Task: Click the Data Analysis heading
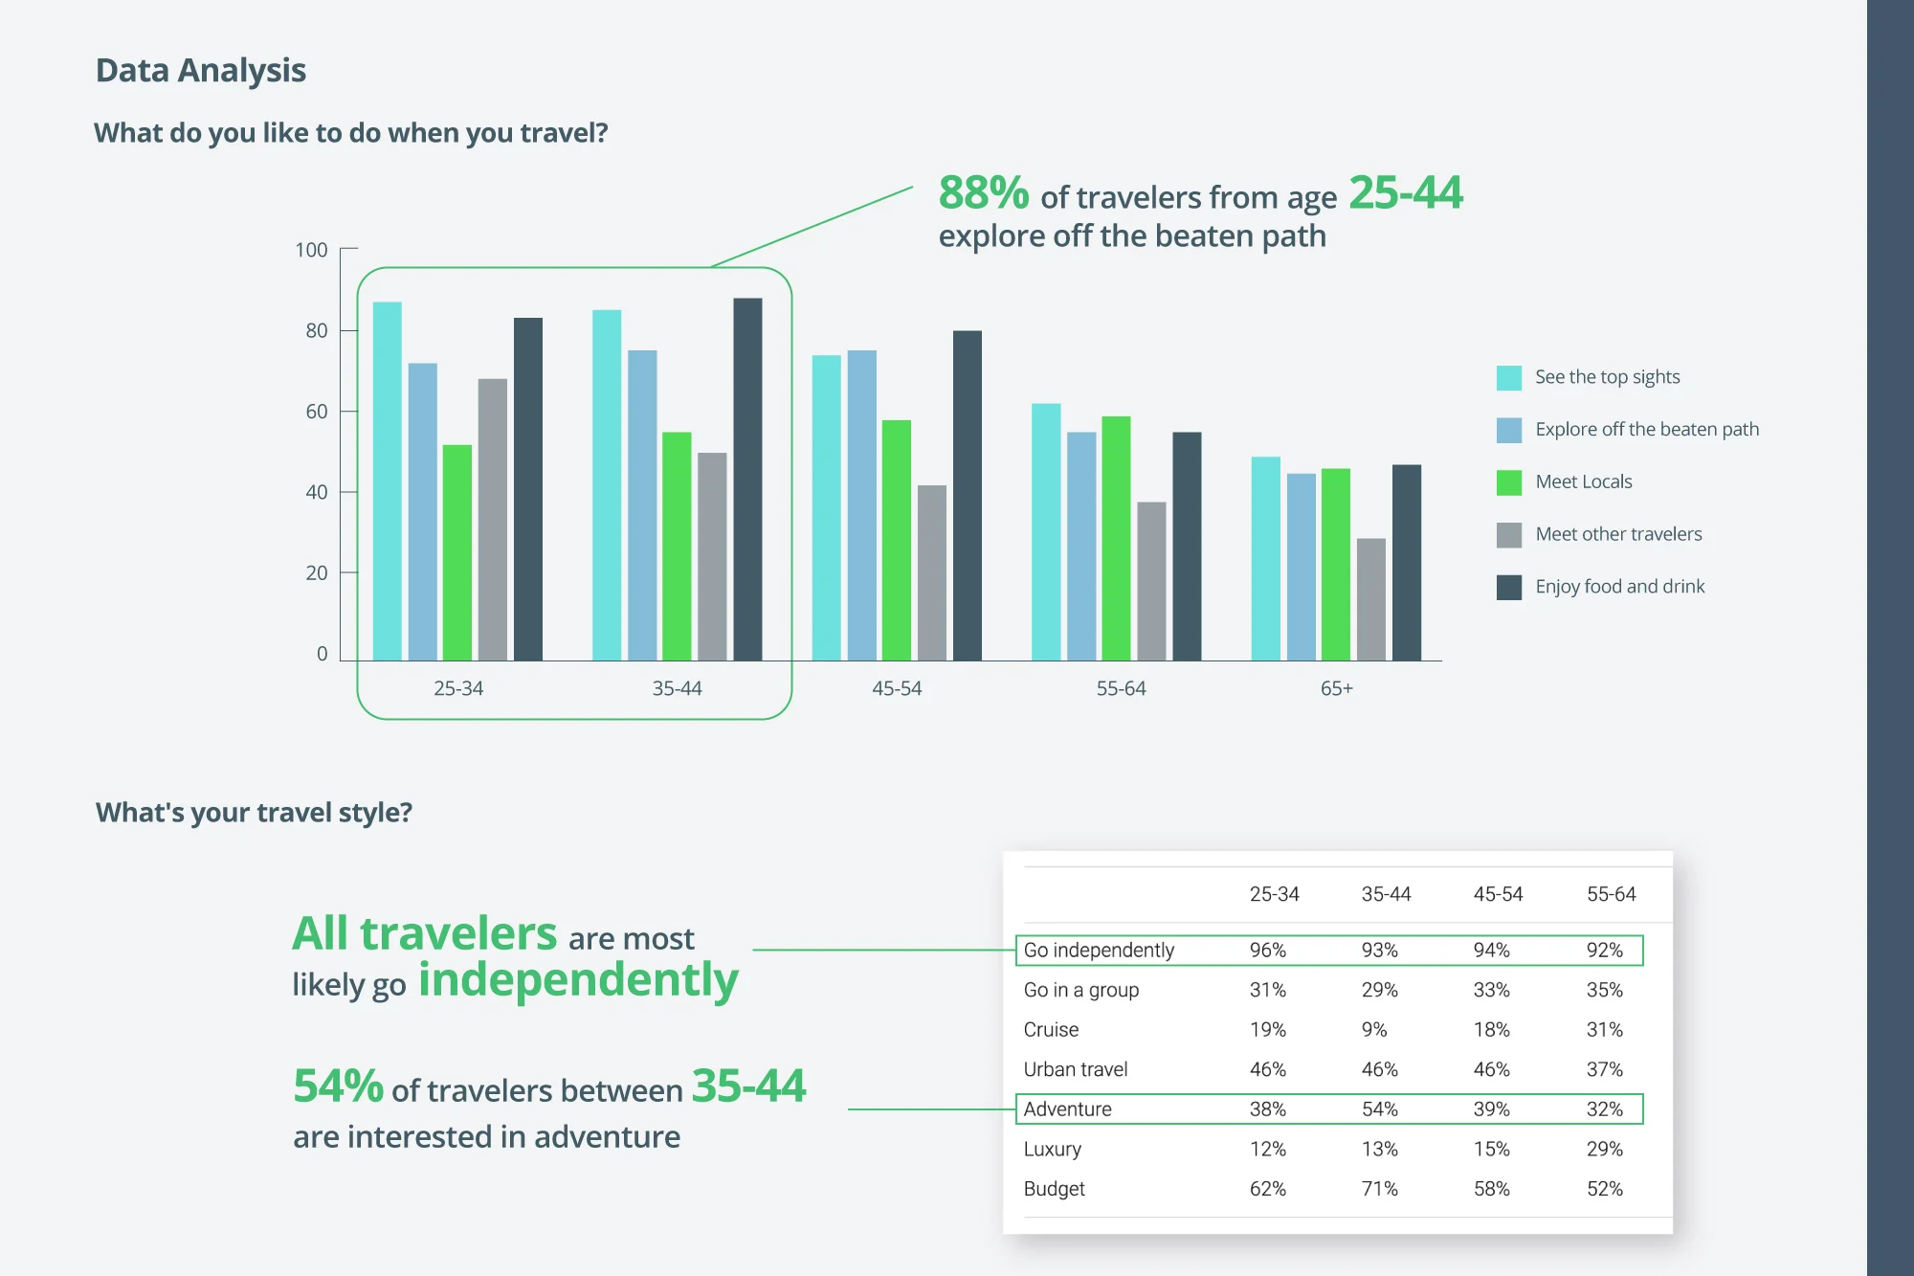(x=201, y=71)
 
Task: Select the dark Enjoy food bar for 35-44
(x=747, y=479)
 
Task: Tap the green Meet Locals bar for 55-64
(x=1116, y=538)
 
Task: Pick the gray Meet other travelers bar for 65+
(x=1370, y=599)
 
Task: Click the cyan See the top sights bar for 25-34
(x=387, y=481)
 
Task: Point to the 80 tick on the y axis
(x=316, y=331)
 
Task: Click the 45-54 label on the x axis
(x=897, y=688)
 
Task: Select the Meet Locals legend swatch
(x=1508, y=482)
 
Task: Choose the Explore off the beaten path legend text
(x=1647, y=430)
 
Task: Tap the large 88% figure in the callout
(x=983, y=193)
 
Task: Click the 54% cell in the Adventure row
(x=1379, y=1109)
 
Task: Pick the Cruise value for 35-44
(x=1373, y=1030)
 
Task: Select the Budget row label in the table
(x=1054, y=1189)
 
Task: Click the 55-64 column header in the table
(x=1611, y=894)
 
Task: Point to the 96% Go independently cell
(x=1267, y=951)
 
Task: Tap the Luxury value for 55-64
(x=1604, y=1149)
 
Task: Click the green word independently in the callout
(x=578, y=980)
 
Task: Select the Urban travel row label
(x=1075, y=1069)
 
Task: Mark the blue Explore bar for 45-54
(x=861, y=505)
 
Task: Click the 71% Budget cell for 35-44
(x=1379, y=1189)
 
